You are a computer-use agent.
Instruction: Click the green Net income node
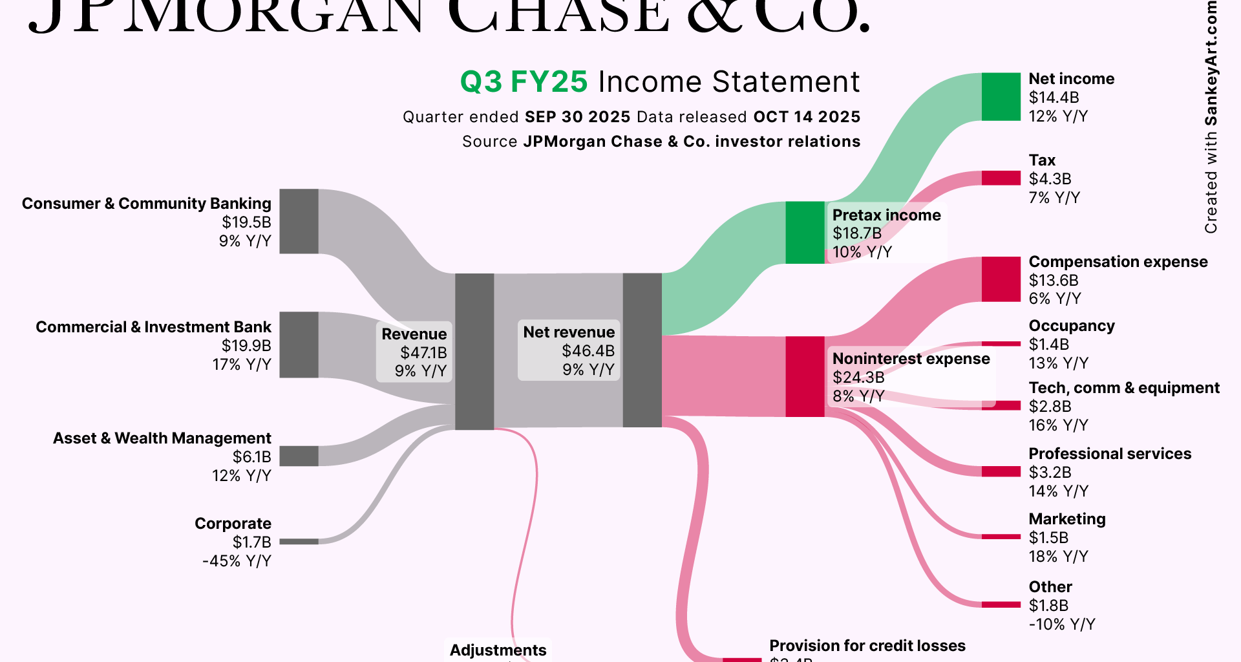click(x=1001, y=97)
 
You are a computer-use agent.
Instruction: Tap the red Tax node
click(x=1001, y=178)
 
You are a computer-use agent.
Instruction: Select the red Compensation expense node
click(x=1001, y=279)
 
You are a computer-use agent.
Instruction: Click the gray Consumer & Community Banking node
click(x=299, y=221)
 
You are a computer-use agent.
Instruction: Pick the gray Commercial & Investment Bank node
click(x=299, y=345)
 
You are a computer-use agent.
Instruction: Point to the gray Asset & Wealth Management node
click(x=299, y=456)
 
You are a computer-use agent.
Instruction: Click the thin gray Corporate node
click(x=299, y=542)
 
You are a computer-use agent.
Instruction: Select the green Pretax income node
click(x=805, y=233)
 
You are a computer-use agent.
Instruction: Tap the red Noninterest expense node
click(x=805, y=376)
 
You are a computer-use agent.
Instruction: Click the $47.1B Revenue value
click(x=423, y=353)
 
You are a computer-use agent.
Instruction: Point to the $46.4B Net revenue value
click(x=588, y=351)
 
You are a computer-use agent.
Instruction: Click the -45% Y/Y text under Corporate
click(x=237, y=561)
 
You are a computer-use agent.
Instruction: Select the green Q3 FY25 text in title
click(x=524, y=82)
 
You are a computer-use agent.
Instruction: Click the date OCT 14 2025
click(x=807, y=117)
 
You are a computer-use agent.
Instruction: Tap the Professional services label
click(x=1109, y=454)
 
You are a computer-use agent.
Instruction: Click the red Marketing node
click(x=1001, y=537)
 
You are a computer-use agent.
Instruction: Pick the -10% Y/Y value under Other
click(x=1061, y=625)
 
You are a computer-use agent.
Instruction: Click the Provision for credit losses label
click(x=867, y=646)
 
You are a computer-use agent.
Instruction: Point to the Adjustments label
click(x=498, y=650)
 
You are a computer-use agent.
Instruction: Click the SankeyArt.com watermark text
click(x=1211, y=65)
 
